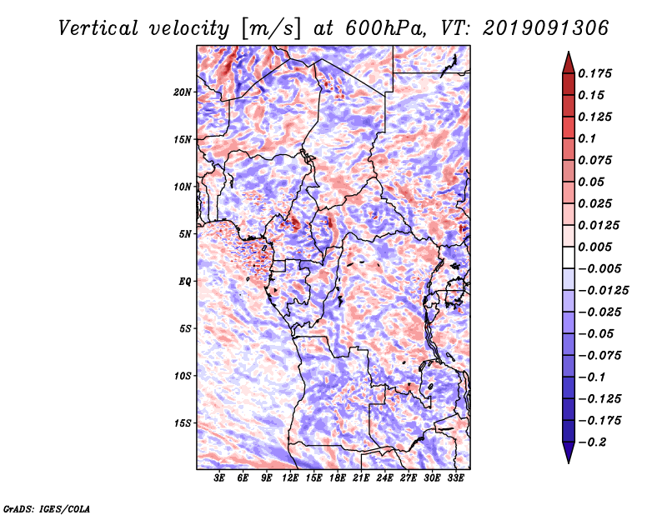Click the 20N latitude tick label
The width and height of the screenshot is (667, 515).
click(x=183, y=92)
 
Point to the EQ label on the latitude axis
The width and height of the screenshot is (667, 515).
click(x=185, y=281)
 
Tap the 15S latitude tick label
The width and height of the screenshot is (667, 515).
click(x=183, y=422)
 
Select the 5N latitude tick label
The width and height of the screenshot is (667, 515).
click(x=185, y=233)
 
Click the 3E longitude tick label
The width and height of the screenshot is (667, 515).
click(x=220, y=479)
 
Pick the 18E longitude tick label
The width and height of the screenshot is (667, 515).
click(x=338, y=479)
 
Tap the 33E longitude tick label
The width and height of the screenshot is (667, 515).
click(x=455, y=479)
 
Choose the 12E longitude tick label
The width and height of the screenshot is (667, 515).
click(x=291, y=479)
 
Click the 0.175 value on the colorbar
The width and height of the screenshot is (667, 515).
click(x=597, y=73)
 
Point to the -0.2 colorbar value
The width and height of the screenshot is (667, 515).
click(x=594, y=442)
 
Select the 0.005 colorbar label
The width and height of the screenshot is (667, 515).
click(x=597, y=247)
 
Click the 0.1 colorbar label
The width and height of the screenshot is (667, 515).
click(x=590, y=138)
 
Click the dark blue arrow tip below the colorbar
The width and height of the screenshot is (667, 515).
click(x=568, y=457)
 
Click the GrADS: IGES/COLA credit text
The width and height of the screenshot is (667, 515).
click(x=46, y=507)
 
